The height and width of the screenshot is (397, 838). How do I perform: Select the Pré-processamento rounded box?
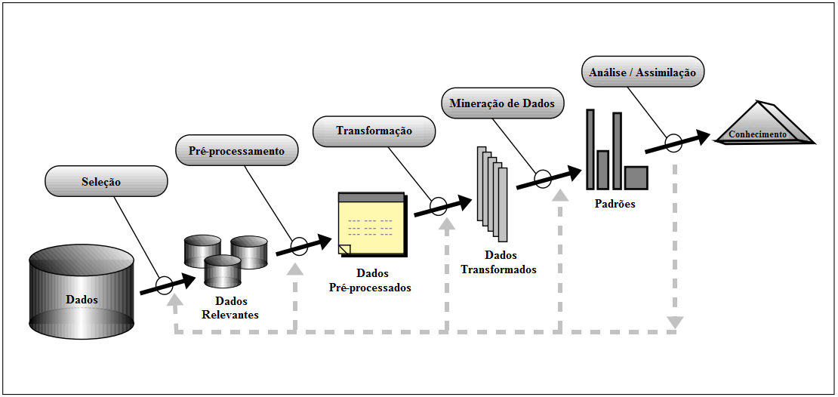pyautogui.click(x=236, y=151)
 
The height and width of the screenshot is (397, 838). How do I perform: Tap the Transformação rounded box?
pyautogui.click(x=374, y=131)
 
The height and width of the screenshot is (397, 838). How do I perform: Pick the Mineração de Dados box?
pyautogui.click(x=502, y=103)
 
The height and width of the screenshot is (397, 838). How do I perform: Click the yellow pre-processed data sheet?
pyautogui.click(x=371, y=224)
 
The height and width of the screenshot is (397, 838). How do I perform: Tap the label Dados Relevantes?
pyautogui.click(x=230, y=308)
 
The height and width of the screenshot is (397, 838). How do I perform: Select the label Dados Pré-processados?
pyautogui.click(x=370, y=280)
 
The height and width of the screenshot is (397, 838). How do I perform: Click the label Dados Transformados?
pyautogui.click(x=498, y=263)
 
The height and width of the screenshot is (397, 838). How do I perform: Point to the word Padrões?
pyautogui.click(x=614, y=204)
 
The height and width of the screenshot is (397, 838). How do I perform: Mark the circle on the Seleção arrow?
pyautogui.click(x=164, y=285)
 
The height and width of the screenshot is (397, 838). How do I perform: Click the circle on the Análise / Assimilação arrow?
pyautogui.click(x=673, y=141)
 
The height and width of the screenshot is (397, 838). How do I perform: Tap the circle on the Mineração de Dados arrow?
pyautogui.click(x=543, y=179)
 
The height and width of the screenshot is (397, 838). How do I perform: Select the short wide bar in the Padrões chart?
pyautogui.click(x=636, y=177)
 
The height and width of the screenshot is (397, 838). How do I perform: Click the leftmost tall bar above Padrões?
pyautogui.click(x=590, y=149)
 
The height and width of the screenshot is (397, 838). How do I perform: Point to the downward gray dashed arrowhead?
pyautogui.click(x=675, y=323)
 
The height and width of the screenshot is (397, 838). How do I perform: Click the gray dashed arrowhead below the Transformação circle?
pyautogui.click(x=448, y=224)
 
